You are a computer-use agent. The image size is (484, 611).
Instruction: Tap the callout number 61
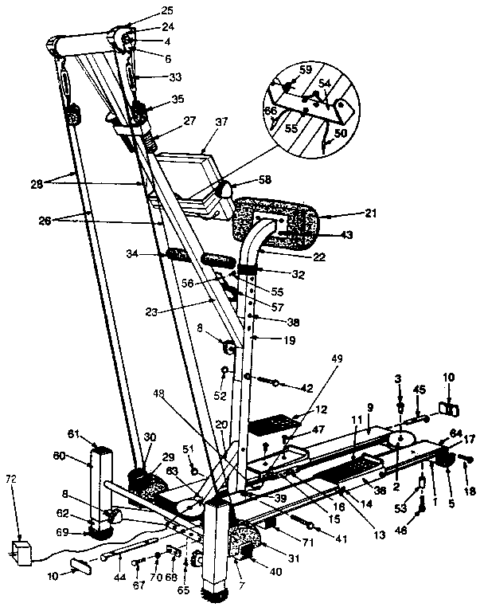point(75,433)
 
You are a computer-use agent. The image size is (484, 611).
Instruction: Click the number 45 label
point(420,390)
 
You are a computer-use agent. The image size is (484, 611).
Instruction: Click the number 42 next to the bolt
point(307,387)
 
